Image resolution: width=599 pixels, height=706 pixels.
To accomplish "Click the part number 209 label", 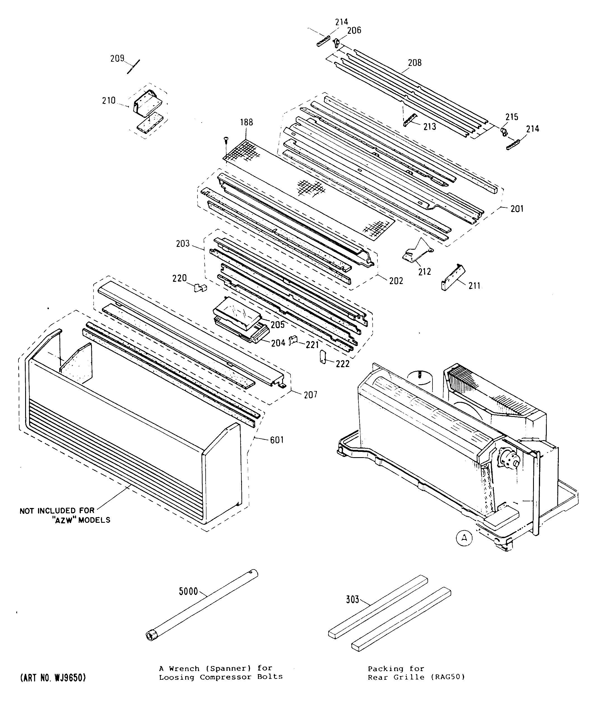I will [x=117, y=59].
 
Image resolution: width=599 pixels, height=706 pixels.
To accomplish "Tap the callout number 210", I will [x=109, y=101].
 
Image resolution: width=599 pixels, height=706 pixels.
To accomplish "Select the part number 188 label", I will [x=246, y=122].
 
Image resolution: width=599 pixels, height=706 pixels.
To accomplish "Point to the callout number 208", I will [x=415, y=63].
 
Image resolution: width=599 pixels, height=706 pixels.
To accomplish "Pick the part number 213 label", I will [x=430, y=127].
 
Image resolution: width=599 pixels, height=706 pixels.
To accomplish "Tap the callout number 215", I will [x=512, y=117].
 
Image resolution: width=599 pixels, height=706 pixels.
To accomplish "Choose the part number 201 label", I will [x=517, y=209].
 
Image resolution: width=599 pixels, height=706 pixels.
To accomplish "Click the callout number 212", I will [x=424, y=271].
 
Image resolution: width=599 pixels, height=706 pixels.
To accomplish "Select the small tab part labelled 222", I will [x=323, y=357].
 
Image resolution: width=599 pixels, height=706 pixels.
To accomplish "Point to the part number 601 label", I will [x=277, y=440].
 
